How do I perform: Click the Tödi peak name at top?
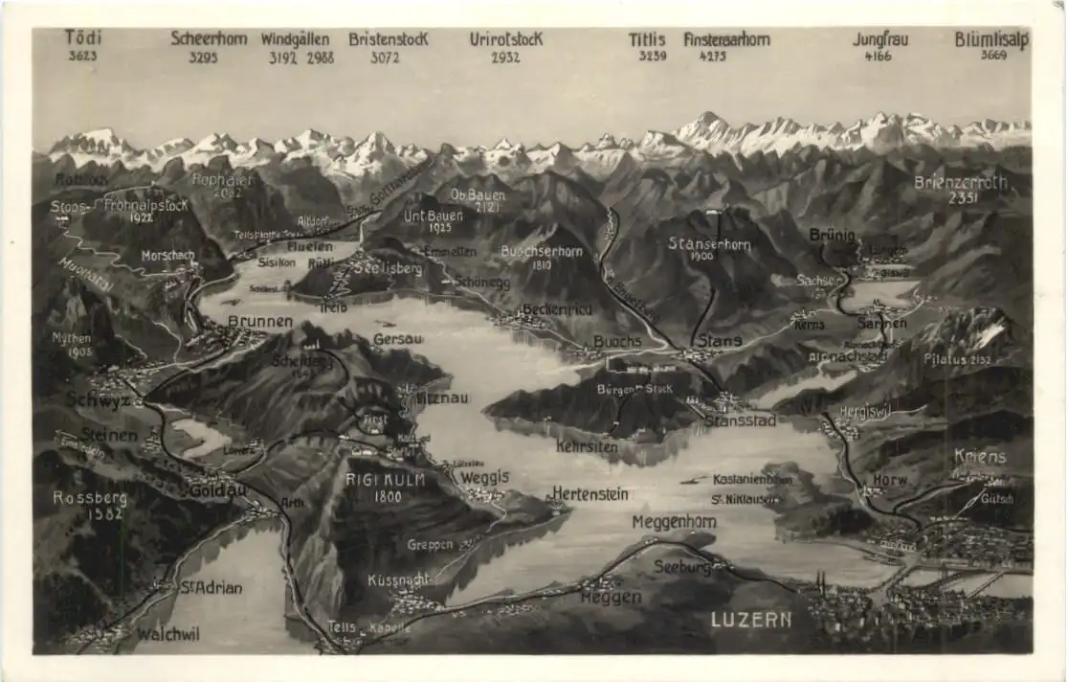(x=83, y=37)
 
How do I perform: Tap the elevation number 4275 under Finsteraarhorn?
(x=712, y=57)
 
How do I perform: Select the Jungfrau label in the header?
(x=879, y=39)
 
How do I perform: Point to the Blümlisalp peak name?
(x=991, y=39)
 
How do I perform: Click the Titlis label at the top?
(x=647, y=39)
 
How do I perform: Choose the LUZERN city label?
(x=751, y=620)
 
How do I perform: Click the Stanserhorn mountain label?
(x=709, y=244)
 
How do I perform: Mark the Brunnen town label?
(x=259, y=321)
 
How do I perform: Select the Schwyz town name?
(x=98, y=400)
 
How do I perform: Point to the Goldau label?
(x=219, y=489)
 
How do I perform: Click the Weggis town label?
(x=484, y=477)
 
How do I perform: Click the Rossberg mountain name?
(x=89, y=497)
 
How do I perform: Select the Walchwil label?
(x=167, y=634)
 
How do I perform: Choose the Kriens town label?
(x=980, y=457)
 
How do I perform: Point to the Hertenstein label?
(x=590, y=494)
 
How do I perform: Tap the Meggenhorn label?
(x=674, y=521)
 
